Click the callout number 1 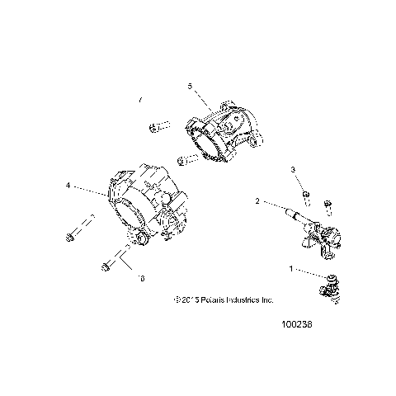pyautogui.click(x=290, y=269)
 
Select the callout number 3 pyautogui.click(x=293, y=169)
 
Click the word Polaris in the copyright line pyautogui.click(x=208, y=300)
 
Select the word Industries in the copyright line pyautogui.click(x=244, y=300)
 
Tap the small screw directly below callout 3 pyautogui.click(x=304, y=195)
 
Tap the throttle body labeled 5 pyautogui.click(x=219, y=132)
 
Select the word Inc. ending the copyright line pyautogui.click(x=268, y=300)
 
